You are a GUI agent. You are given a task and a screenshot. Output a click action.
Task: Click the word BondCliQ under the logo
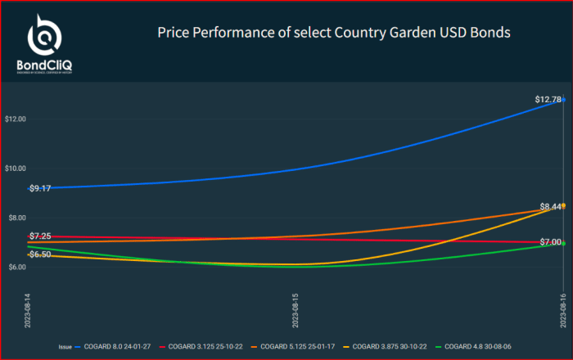(x=42, y=65)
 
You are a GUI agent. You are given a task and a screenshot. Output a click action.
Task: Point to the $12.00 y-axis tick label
(x=16, y=119)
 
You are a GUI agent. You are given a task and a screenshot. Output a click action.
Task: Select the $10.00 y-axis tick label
(x=16, y=169)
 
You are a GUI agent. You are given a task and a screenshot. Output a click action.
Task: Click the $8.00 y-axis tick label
(x=16, y=218)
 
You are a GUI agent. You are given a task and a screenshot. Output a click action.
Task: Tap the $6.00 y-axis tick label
(x=16, y=267)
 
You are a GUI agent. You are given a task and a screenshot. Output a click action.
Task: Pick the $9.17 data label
(x=40, y=188)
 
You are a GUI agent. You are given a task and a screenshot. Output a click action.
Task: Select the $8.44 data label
(x=550, y=207)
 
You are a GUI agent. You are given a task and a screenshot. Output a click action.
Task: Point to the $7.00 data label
(x=550, y=242)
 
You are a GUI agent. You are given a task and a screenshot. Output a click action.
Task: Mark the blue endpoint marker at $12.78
(x=563, y=100)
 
